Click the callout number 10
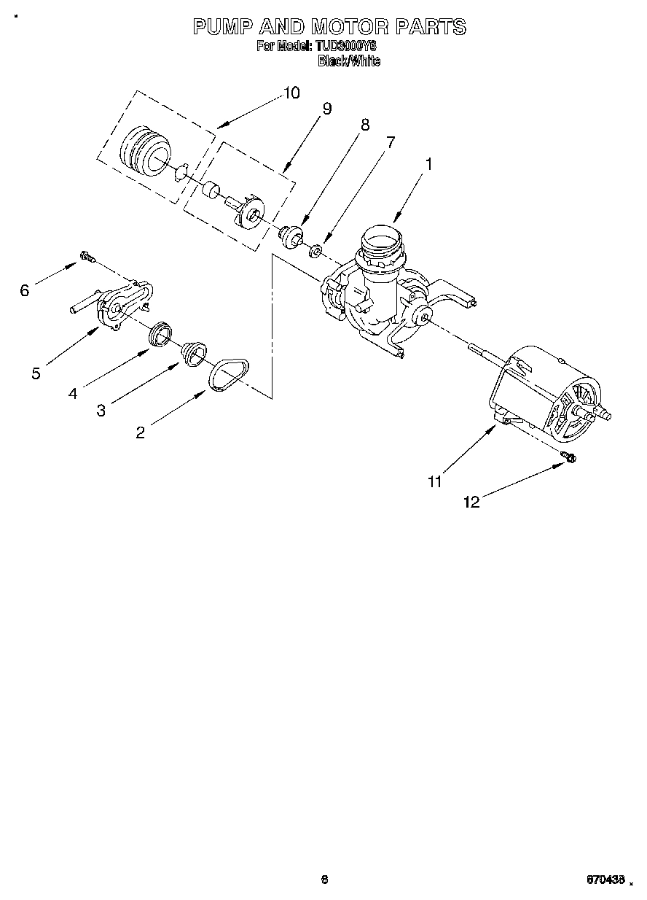tap(291, 93)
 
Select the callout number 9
tap(327, 108)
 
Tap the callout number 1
tap(428, 165)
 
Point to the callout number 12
tap(472, 502)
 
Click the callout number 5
tap(36, 373)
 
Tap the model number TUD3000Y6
tap(345, 46)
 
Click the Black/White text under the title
tap(348, 61)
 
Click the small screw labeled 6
tap(87, 256)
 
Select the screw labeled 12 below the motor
tap(569, 457)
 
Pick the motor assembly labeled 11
tap(554, 394)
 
